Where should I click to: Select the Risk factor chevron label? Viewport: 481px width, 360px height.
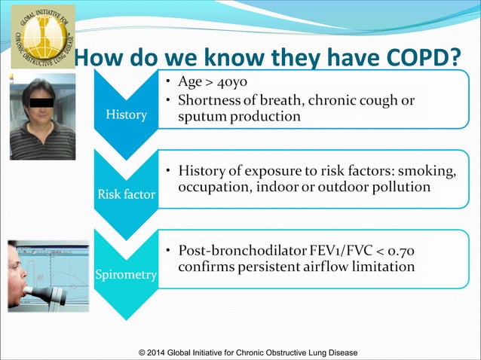[x=125, y=194]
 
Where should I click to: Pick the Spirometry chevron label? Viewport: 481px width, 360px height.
[x=125, y=276]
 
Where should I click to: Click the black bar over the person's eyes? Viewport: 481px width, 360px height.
[x=43, y=99]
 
